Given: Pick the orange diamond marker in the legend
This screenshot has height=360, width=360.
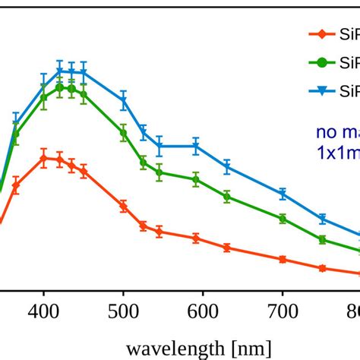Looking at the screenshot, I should [323, 33].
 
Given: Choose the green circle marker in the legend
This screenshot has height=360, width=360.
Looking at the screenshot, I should [323, 62].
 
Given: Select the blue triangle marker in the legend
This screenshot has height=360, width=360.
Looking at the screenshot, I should [323, 91].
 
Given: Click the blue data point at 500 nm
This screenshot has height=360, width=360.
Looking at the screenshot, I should [123, 100].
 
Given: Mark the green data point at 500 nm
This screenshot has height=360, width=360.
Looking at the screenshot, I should [123, 133].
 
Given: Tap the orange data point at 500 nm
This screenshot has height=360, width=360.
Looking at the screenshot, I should [123, 206].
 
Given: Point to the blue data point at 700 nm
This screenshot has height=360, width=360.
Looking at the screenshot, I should [283, 194].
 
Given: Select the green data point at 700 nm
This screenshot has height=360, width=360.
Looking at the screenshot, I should [283, 219].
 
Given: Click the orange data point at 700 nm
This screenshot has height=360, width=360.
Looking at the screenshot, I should [283, 259].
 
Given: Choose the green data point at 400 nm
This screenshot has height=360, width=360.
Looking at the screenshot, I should [43, 96].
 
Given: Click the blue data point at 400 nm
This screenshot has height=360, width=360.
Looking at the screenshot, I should [43, 79].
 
